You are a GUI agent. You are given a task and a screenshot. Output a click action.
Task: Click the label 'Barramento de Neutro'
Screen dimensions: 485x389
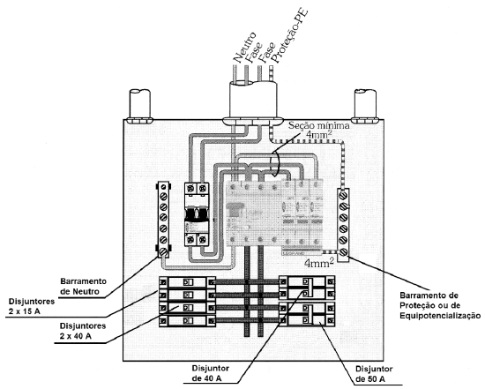coord(83,287)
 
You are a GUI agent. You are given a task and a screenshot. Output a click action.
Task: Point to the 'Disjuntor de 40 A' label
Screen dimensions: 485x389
coord(211,373)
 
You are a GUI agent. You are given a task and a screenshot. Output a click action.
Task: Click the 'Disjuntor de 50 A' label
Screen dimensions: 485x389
coord(374,374)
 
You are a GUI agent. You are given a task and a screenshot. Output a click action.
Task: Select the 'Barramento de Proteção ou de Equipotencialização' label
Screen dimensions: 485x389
coord(440,305)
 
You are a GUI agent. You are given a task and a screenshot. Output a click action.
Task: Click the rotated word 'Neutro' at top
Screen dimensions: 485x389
coord(244,47)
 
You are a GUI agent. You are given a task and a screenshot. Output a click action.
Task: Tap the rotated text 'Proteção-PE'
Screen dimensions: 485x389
coord(289,36)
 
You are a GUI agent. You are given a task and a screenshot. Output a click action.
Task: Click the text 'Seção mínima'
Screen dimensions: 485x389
coord(319,125)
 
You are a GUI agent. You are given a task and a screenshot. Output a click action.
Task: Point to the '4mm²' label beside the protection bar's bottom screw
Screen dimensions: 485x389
coord(319,263)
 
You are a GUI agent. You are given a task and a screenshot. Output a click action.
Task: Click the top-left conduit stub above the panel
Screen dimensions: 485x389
coord(140,104)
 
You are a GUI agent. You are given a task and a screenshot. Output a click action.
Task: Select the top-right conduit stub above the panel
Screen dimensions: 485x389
coord(365,104)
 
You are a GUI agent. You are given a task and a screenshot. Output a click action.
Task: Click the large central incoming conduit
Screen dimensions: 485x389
coord(253,100)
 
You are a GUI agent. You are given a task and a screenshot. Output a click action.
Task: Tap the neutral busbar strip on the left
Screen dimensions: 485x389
coord(164,220)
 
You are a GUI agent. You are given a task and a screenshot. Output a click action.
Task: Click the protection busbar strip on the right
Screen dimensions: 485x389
coord(343,225)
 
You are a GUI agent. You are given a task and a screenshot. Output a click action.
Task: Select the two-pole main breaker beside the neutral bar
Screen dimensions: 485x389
coord(197,214)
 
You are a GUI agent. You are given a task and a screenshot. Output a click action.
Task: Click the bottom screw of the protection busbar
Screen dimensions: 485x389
coord(343,252)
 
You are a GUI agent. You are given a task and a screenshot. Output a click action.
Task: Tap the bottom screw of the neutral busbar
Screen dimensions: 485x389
coord(163,252)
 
